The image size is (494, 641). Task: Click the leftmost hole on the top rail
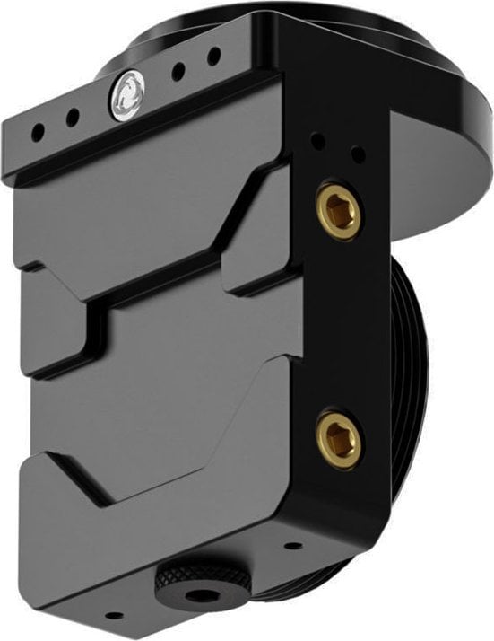click(38, 130)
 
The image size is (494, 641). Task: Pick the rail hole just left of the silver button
click(72, 117)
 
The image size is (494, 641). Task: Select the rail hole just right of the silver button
click(179, 72)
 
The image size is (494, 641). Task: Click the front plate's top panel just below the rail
click(134, 206)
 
